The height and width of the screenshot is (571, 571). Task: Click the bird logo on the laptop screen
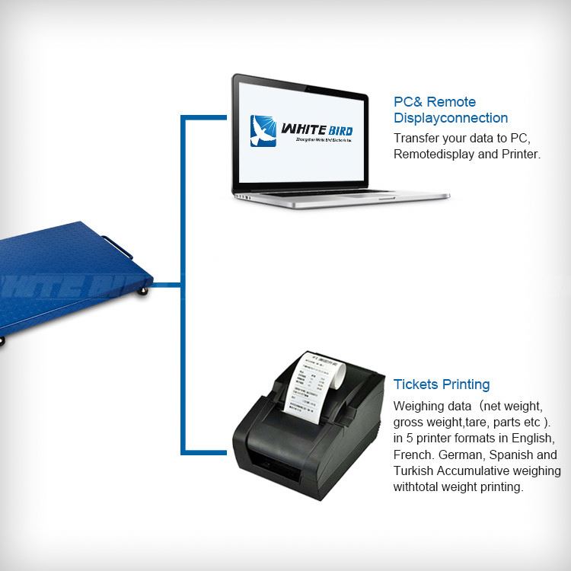pos(264,130)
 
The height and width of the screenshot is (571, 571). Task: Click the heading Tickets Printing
pos(442,384)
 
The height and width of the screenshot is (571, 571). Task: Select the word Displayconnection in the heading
pos(451,118)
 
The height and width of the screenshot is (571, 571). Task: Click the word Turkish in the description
pos(415,471)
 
